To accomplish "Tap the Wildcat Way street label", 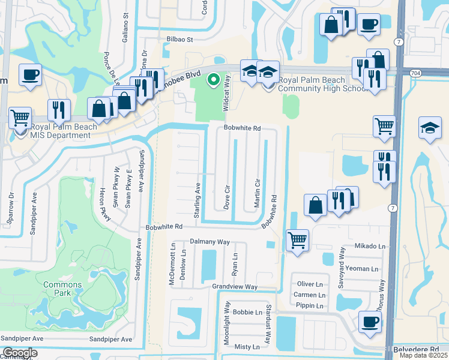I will [x=227, y=91].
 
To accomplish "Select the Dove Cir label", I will [x=227, y=197].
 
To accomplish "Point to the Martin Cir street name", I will [x=257, y=191].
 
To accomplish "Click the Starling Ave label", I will [x=197, y=192].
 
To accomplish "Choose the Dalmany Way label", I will [x=210, y=242].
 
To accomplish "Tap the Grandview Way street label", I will [x=235, y=287].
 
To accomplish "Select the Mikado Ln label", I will [x=369, y=246].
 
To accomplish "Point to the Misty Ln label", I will [x=247, y=347].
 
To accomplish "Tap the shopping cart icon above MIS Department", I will [x=20, y=118].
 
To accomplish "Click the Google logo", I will [x=19, y=353].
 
